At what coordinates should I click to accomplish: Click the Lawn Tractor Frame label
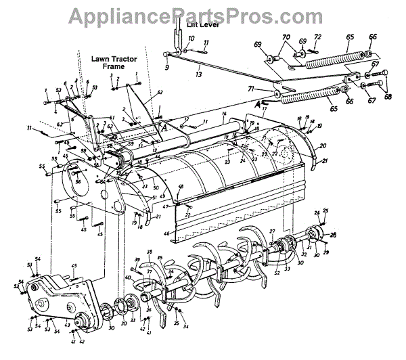109,63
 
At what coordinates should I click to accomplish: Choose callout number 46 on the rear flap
166,232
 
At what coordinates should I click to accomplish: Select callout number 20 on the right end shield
323,145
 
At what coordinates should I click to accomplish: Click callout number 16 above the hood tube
223,115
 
